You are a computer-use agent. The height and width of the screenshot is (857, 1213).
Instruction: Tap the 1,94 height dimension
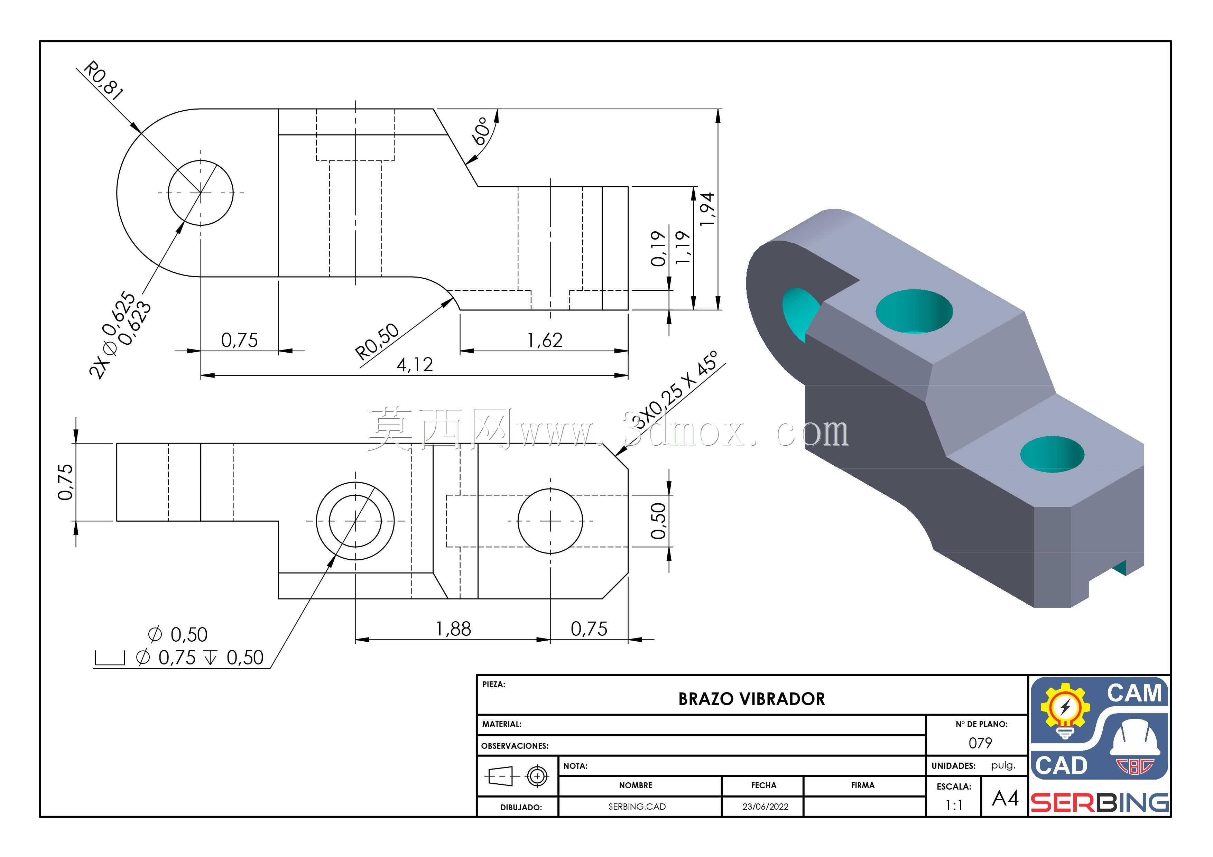(706, 209)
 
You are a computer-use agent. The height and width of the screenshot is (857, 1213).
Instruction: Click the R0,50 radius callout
(377, 341)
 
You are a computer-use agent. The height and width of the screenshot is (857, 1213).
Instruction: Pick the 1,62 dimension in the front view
(545, 340)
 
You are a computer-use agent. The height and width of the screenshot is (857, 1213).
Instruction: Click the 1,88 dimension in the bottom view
(453, 629)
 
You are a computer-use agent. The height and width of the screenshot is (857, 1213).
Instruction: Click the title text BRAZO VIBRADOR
(751, 699)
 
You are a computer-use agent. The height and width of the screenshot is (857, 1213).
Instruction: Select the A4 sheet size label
(1005, 798)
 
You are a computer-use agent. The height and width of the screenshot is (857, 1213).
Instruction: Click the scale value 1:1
(954, 805)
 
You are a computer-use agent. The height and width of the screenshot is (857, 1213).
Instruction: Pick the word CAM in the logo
(1134, 693)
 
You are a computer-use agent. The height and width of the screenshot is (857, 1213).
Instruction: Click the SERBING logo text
(1100, 803)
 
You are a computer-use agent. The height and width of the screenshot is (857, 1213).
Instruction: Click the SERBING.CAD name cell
(637, 806)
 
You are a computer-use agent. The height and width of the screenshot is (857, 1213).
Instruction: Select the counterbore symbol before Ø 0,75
(109, 658)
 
